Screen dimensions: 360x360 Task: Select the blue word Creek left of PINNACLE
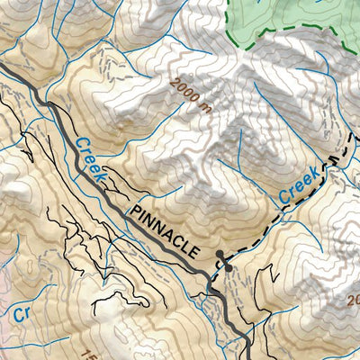[x=92, y=161]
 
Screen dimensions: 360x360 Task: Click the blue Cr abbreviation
[x=22, y=314]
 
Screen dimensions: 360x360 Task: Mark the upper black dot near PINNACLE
[x=219, y=254]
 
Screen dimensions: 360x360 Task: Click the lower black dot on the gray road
[x=229, y=267]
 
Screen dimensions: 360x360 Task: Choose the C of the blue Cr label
[x=17, y=314]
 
